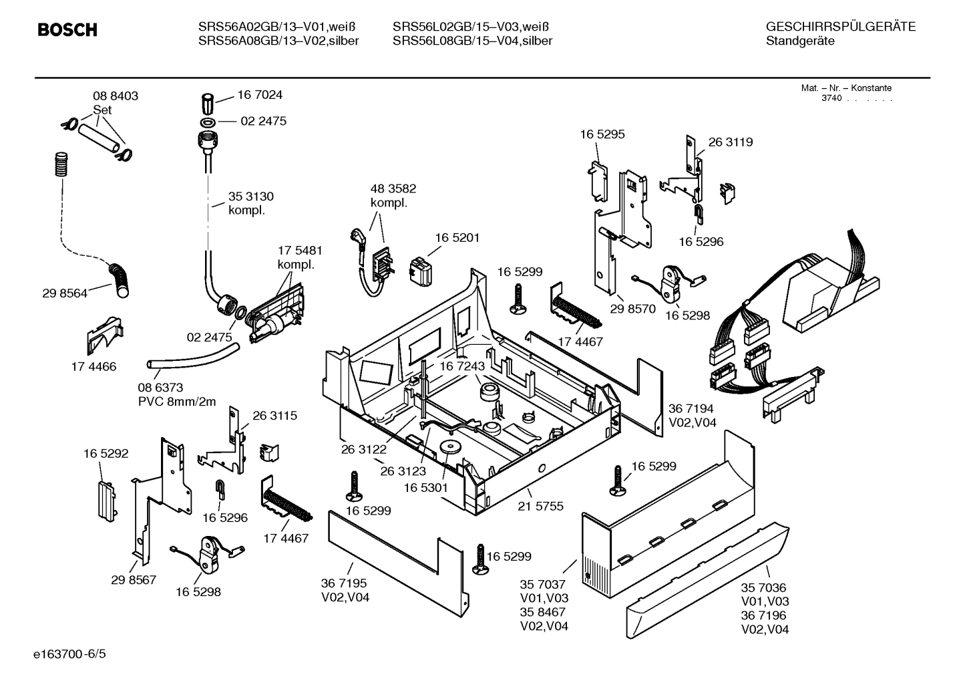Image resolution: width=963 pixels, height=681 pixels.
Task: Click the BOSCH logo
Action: tap(67, 30)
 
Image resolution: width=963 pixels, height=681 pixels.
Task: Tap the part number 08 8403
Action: tap(115, 96)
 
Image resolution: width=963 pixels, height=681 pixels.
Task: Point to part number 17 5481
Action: tap(300, 251)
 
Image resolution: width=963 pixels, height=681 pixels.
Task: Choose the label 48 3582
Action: tap(393, 189)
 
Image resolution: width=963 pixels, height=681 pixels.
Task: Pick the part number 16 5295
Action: tap(602, 134)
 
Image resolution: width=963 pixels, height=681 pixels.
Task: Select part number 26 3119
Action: tap(730, 142)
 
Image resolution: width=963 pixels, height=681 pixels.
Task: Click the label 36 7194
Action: tap(691, 408)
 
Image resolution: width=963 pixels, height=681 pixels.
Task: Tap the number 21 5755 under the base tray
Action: tap(540, 507)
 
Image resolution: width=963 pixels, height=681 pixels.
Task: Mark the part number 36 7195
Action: tap(344, 583)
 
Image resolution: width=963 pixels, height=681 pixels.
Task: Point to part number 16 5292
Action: tap(106, 454)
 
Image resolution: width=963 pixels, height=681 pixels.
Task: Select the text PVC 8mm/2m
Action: tap(177, 402)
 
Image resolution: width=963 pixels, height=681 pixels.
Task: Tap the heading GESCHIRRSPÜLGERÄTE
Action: tap(840, 27)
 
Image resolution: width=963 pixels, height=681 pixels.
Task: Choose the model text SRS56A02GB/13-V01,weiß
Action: tap(276, 27)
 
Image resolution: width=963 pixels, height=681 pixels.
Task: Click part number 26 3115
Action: tap(274, 416)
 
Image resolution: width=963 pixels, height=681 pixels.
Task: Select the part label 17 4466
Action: tap(93, 366)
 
